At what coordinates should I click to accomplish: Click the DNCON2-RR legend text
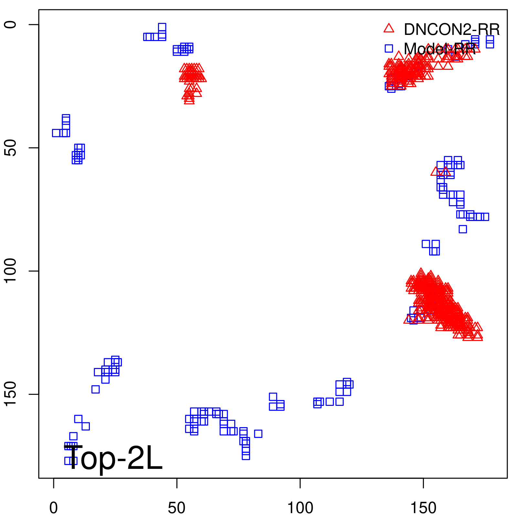coord(451,30)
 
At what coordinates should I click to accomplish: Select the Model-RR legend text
coord(439,49)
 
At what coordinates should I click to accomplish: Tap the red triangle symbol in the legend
coord(389,28)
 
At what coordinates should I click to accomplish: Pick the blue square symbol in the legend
coord(389,48)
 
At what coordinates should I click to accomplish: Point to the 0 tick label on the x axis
coord(54,508)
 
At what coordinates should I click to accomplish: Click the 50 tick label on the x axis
coord(177,508)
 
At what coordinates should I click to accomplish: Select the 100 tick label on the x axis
coord(300,508)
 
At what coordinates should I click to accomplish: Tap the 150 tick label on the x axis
coord(423,508)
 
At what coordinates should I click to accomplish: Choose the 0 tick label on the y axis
coord(11,25)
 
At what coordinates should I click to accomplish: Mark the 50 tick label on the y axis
coord(11,148)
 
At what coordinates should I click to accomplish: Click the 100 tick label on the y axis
coord(11,271)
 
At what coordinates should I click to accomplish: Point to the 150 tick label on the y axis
coord(11,394)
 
